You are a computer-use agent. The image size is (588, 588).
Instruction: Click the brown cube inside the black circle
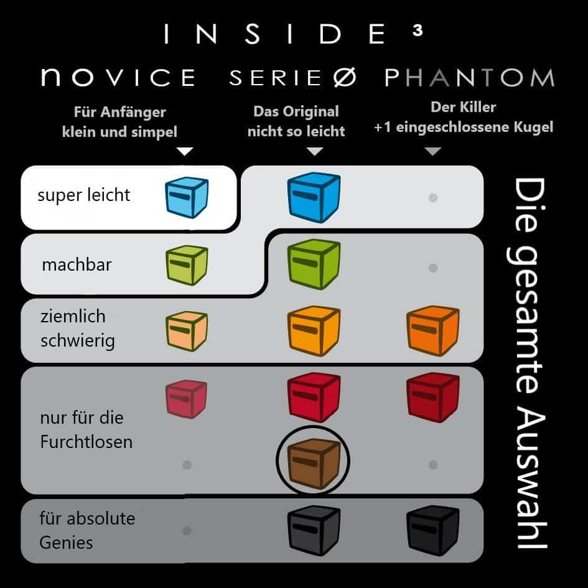tap(314, 464)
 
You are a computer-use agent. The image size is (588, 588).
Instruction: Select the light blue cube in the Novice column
tap(187, 197)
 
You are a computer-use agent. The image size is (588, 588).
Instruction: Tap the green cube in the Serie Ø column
tap(314, 264)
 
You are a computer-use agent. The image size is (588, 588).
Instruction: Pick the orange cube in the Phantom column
tap(432, 331)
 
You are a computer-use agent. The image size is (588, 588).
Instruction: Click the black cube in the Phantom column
tap(432, 530)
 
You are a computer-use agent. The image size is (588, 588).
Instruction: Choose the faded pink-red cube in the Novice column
tap(187, 399)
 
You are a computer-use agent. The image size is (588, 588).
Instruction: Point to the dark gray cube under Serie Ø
tap(314, 530)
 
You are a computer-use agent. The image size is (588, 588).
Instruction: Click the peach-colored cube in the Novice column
tap(187, 331)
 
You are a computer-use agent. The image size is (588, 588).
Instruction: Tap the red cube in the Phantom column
tap(432, 397)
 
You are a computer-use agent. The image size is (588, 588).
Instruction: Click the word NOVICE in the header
tap(118, 77)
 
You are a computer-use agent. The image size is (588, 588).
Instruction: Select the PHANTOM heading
tap(470, 78)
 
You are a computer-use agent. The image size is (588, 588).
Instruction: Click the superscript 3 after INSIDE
tap(418, 30)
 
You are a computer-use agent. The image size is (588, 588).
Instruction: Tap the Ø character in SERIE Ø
tap(345, 78)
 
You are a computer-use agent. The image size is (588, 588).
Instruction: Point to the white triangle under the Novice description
tap(185, 151)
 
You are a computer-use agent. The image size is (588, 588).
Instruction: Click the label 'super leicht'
tap(83, 195)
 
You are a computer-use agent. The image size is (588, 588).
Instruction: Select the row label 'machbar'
tap(77, 264)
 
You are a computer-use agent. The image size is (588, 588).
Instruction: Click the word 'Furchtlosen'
tap(86, 442)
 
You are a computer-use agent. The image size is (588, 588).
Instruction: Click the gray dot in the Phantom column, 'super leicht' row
tap(433, 198)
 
